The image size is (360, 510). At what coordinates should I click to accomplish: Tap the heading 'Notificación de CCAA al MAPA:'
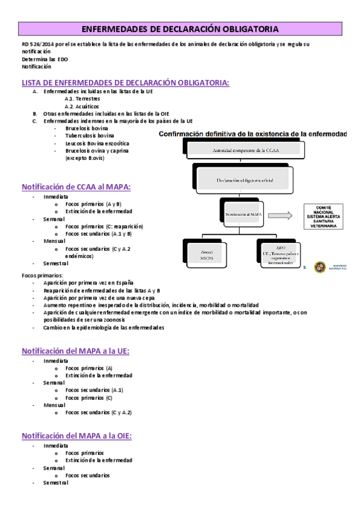click(x=76, y=187)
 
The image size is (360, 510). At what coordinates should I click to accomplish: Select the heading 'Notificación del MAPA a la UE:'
click(x=76, y=351)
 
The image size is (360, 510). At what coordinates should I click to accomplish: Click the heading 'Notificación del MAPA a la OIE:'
click(x=77, y=436)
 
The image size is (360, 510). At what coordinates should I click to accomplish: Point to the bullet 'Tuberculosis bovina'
click(x=90, y=136)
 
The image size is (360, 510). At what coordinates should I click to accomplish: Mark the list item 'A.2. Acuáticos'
click(x=82, y=106)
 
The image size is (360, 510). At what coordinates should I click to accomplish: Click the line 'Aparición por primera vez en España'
click(x=88, y=283)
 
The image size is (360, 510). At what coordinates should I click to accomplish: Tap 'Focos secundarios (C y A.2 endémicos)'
click(x=97, y=252)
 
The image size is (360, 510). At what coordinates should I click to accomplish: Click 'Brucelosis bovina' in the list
click(x=87, y=128)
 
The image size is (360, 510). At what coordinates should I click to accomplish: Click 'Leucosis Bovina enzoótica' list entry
click(x=97, y=143)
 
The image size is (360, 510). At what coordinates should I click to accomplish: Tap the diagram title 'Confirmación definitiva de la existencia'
click(x=252, y=135)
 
